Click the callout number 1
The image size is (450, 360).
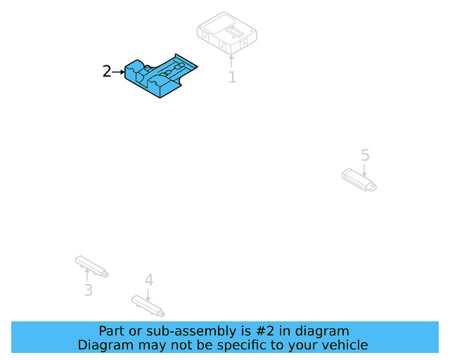[x=232, y=77]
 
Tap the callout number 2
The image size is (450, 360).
[x=106, y=71]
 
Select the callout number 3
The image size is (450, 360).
[x=88, y=290]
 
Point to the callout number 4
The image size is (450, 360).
[x=148, y=280]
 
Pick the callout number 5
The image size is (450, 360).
[x=364, y=155]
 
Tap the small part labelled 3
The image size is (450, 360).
[x=91, y=266]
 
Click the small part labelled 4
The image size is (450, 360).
[x=148, y=305]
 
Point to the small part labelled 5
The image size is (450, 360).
[x=359, y=179]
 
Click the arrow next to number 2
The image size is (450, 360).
[x=118, y=71]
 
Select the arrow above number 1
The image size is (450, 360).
[x=231, y=60]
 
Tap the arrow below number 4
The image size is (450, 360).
[x=148, y=292]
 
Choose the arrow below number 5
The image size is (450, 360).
[x=364, y=169]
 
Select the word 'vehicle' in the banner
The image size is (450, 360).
[x=344, y=345]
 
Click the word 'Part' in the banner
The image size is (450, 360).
[x=112, y=331]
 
